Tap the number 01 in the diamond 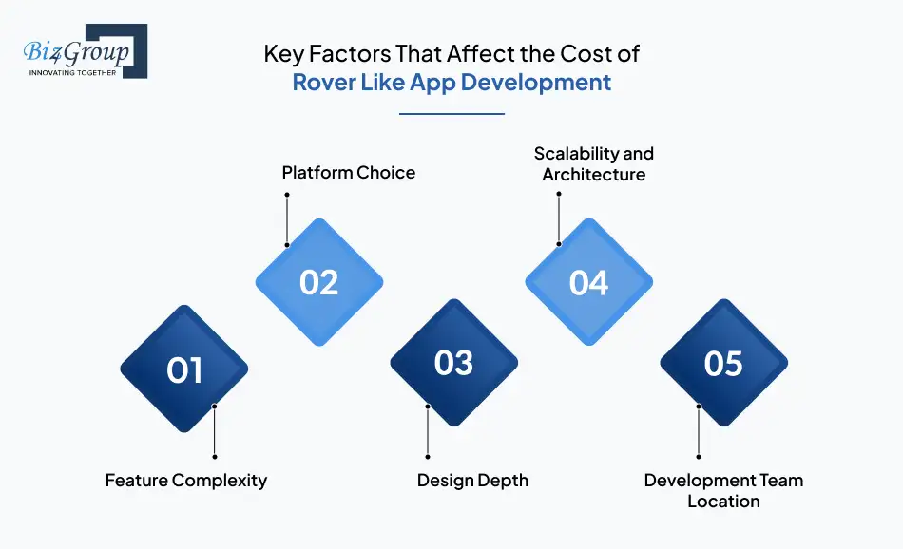coord(184,370)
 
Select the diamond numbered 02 coord(319,283)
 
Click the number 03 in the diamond coord(454,363)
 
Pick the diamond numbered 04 coord(589,283)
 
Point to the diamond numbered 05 coord(723,363)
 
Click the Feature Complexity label coord(186,480)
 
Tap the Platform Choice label coord(349,172)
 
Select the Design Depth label coord(472,480)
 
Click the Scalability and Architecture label coord(594,163)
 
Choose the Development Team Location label coord(723,490)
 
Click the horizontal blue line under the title coord(451,114)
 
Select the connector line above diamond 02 coord(286,220)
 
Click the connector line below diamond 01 coord(215,432)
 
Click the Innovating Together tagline coord(73,72)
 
